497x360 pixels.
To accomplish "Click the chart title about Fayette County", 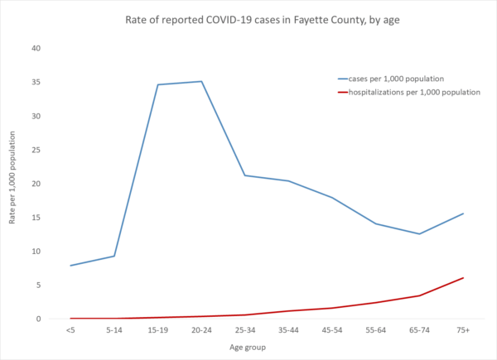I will [x=248, y=20].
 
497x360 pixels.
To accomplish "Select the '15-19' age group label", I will [x=157, y=330].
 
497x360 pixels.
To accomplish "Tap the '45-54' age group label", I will [x=332, y=330].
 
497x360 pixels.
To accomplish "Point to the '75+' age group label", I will [x=462, y=330].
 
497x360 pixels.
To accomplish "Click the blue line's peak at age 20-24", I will [x=201, y=81].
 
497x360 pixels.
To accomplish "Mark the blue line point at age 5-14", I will [x=114, y=256].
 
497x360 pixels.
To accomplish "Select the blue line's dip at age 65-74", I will [x=419, y=233].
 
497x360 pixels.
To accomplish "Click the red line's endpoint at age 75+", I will [x=462, y=278].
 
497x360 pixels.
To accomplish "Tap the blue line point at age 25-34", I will [x=245, y=175].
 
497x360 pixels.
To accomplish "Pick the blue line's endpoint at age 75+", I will [x=462, y=214].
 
